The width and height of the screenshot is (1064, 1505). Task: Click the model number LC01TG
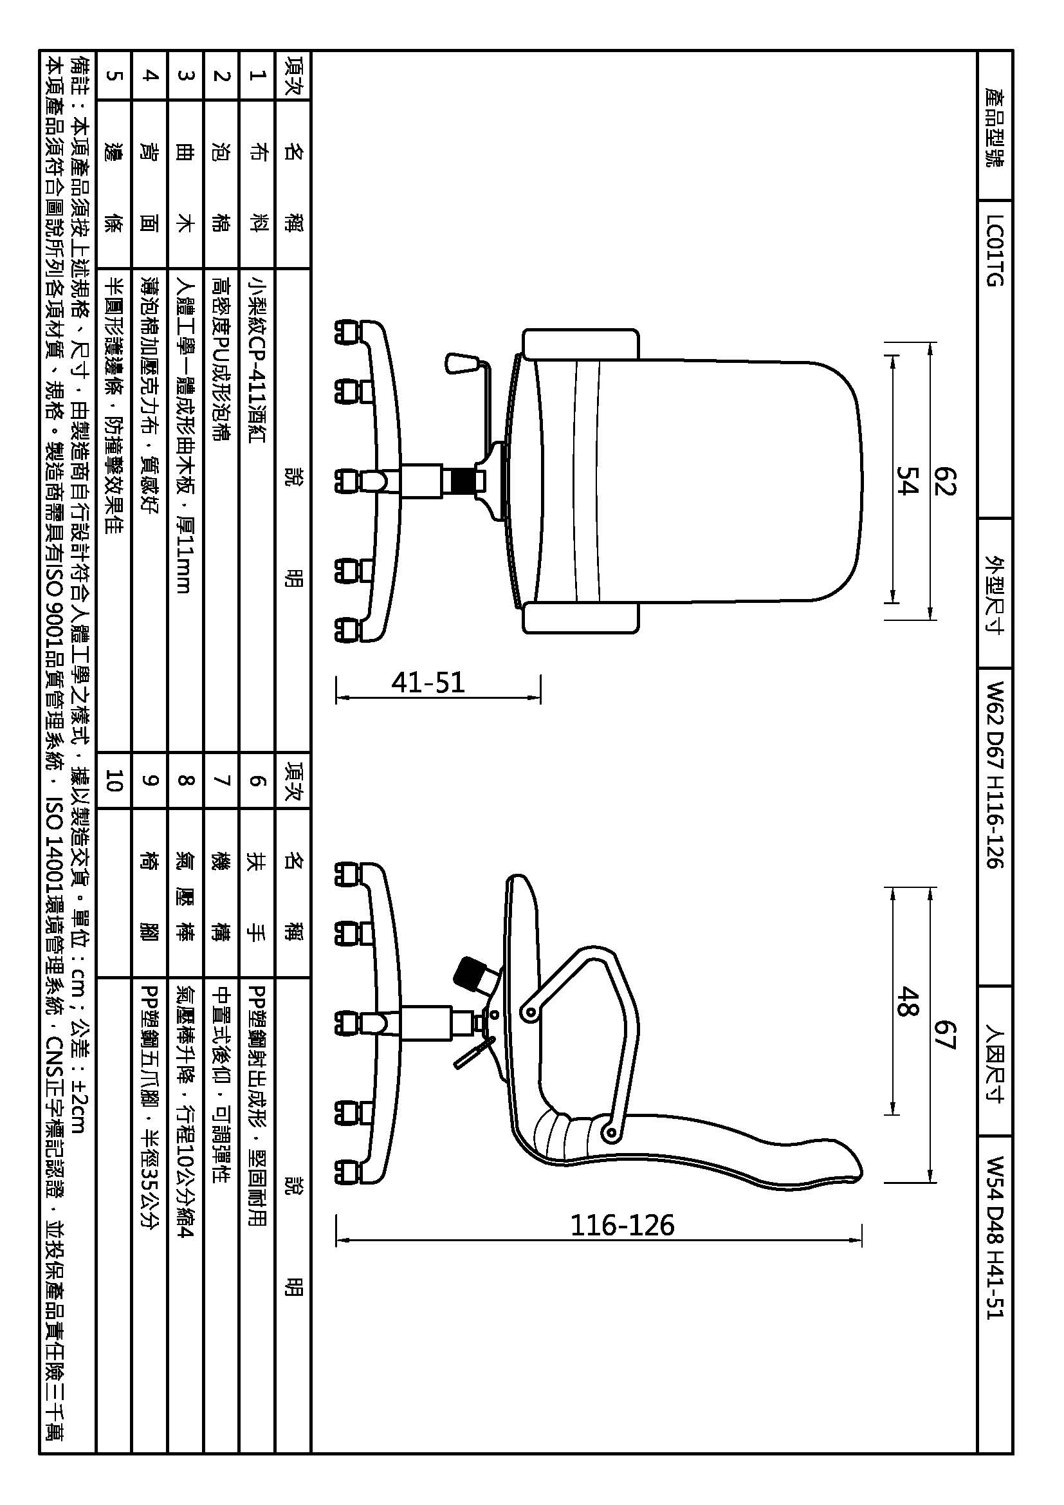click(995, 251)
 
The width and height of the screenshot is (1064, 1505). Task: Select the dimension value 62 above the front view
click(944, 481)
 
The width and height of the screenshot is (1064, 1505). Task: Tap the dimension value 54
click(908, 481)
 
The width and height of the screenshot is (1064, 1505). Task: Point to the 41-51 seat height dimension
click(428, 682)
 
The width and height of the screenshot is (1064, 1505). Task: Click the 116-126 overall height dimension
click(622, 1224)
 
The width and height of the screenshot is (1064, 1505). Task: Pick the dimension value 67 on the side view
click(944, 1035)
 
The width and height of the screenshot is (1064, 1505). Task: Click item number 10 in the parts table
click(114, 780)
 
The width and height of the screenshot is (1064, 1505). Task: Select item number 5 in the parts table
click(114, 75)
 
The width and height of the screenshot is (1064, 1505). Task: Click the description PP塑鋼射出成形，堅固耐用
click(257, 1105)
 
